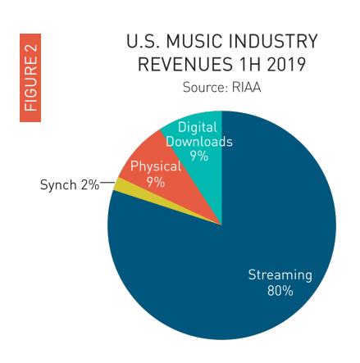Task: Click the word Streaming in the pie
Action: click(x=280, y=275)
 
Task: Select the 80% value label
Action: click(x=280, y=291)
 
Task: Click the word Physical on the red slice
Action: click(x=155, y=166)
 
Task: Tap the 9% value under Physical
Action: click(x=155, y=182)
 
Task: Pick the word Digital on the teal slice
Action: click(x=198, y=127)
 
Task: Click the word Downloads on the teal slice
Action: click(x=198, y=141)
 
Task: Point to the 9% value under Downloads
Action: click(x=198, y=156)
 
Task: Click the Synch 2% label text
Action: click(x=69, y=185)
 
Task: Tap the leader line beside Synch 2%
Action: click(x=107, y=185)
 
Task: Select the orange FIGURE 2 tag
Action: click(x=30, y=78)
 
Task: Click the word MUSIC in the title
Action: click(x=194, y=41)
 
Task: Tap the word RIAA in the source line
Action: click(x=244, y=88)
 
